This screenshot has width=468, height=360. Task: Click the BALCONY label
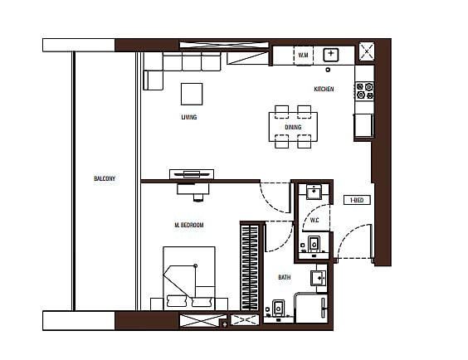105,178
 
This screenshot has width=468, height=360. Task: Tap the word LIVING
189,117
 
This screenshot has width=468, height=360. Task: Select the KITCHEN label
324,89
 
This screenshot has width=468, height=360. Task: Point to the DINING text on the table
293,127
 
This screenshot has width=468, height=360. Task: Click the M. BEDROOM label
189,225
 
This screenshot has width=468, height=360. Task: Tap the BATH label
284,277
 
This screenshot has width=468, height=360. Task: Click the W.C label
314,220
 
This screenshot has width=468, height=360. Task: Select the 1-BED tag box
357,200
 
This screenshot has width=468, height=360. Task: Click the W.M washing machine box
303,56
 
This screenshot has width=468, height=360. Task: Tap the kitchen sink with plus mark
331,55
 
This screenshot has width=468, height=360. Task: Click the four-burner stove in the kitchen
365,91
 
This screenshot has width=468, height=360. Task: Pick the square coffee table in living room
192,94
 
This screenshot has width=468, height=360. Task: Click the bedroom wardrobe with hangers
250,267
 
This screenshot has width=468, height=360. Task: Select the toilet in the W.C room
314,244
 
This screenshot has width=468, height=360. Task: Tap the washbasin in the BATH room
319,278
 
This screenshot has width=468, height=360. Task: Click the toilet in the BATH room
279,308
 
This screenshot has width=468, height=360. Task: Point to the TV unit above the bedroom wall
192,174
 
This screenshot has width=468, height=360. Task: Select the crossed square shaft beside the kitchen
367,51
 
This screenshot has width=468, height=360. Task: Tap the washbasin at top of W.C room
314,192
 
